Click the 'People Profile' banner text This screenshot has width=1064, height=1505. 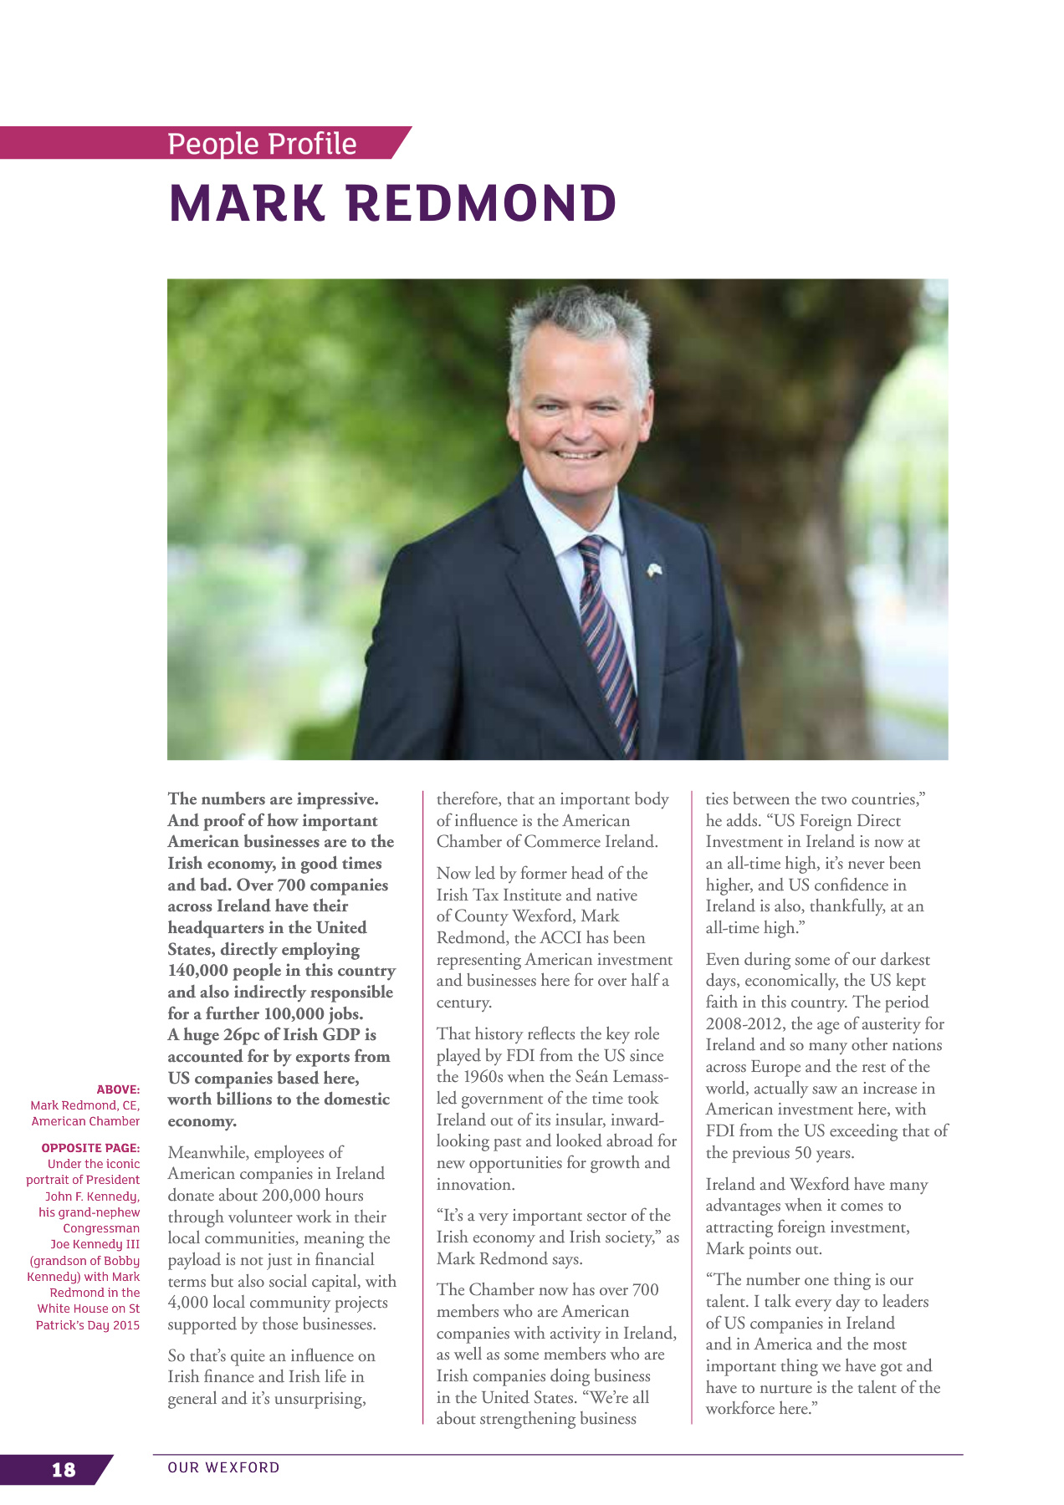(x=262, y=144)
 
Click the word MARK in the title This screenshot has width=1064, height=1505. (x=247, y=203)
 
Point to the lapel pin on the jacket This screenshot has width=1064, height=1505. (x=655, y=570)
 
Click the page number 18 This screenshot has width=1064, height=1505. (x=64, y=1469)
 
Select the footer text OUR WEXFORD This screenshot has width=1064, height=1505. (x=223, y=1467)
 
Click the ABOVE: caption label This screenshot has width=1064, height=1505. (x=118, y=1089)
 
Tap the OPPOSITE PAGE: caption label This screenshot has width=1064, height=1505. (x=90, y=1148)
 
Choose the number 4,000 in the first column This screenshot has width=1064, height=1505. (x=187, y=1303)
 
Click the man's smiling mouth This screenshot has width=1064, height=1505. (x=579, y=454)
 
